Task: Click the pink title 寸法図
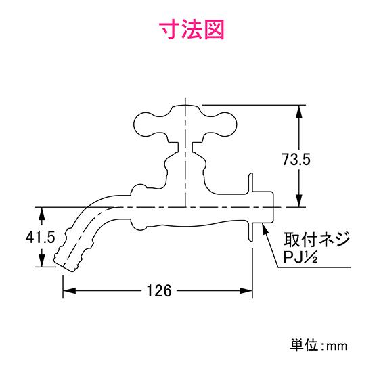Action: coord(193,30)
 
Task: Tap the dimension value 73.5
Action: coord(296,160)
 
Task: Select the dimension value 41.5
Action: coord(41,237)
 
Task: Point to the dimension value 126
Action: coord(159,290)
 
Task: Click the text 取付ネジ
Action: coord(317,240)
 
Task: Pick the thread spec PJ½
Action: coord(300,257)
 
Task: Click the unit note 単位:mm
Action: coord(319,345)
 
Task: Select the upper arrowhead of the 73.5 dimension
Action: coord(299,111)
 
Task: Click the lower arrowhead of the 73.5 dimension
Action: coord(299,201)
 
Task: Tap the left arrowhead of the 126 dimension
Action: coord(69,290)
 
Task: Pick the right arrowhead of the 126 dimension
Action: coord(246,290)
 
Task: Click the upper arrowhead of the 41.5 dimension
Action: coord(42,213)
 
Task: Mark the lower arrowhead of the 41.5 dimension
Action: coord(42,261)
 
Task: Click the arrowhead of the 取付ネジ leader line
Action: coord(265,229)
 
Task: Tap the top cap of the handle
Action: coord(185,108)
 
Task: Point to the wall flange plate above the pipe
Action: coord(251,183)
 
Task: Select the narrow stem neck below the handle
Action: coord(185,148)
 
